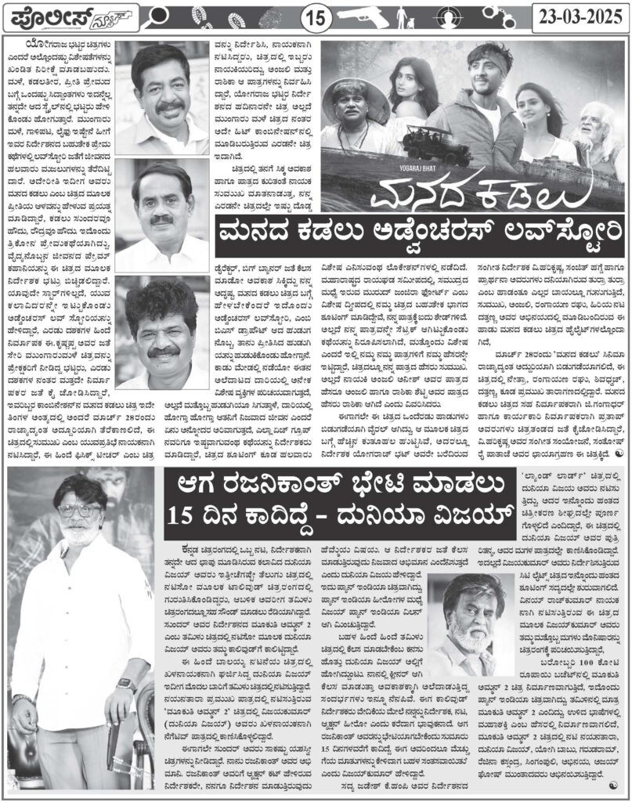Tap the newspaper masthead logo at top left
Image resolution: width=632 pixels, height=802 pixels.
[x=70, y=16]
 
